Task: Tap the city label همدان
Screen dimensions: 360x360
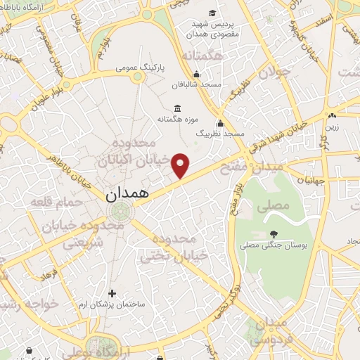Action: pos(129,195)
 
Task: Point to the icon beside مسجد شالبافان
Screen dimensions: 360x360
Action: pos(195,75)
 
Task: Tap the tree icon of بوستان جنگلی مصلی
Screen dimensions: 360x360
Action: pos(274,234)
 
